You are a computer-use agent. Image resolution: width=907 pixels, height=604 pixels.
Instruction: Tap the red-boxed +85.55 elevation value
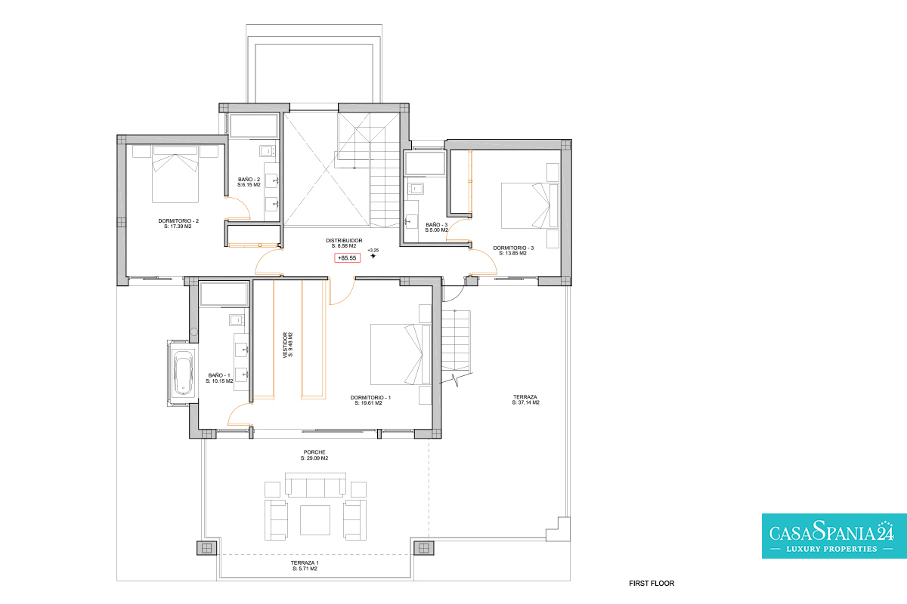click(348, 257)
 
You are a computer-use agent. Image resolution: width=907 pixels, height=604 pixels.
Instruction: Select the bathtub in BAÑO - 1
click(183, 373)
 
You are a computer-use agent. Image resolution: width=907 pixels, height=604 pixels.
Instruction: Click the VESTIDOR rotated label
click(288, 345)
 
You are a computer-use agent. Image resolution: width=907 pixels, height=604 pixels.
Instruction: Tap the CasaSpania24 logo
click(834, 536)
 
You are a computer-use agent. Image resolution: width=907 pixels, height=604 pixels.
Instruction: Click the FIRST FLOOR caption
click(652, 584)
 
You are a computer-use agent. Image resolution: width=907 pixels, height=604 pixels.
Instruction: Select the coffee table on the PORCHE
click(315, 520)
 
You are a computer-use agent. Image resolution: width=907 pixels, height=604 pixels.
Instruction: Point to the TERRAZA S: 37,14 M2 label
click(525, 399)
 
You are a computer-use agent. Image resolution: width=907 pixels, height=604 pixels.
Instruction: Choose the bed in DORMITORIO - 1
click(401, 354)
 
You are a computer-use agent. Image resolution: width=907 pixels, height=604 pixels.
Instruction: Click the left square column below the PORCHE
click(206, 548)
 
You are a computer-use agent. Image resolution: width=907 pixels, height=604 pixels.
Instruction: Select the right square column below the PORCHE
click(423, 548)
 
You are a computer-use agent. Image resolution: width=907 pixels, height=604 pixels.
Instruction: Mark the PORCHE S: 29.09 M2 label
click(314, 455)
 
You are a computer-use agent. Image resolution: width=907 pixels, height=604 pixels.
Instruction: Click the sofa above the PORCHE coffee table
click(315, 485)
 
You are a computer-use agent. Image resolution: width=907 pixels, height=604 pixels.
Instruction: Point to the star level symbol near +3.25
click(373, 256)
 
